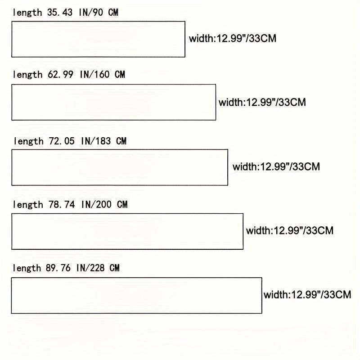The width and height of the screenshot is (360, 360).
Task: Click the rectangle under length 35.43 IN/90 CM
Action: tap(98, 39)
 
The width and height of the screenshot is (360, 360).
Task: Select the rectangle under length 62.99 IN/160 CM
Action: tap(113, 102)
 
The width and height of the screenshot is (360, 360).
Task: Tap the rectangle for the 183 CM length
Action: tap(120, 167)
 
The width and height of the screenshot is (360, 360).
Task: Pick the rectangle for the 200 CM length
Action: tap(127, 231)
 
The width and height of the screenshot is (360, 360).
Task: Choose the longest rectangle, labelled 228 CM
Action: tap(136, 295)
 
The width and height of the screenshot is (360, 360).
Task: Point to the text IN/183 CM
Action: tap(104, 141)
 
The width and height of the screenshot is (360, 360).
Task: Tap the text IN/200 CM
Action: tap(104, 205)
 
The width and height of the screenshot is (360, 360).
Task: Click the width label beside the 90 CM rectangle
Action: tap(233, 39)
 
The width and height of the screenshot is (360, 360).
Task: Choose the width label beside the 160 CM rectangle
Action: tap(262, 102)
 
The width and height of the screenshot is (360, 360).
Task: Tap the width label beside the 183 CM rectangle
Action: tap(276, 166)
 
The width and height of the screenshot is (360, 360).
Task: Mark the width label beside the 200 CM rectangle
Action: tap(290, 231)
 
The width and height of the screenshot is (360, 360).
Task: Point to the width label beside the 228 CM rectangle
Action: tap(307, 295)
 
